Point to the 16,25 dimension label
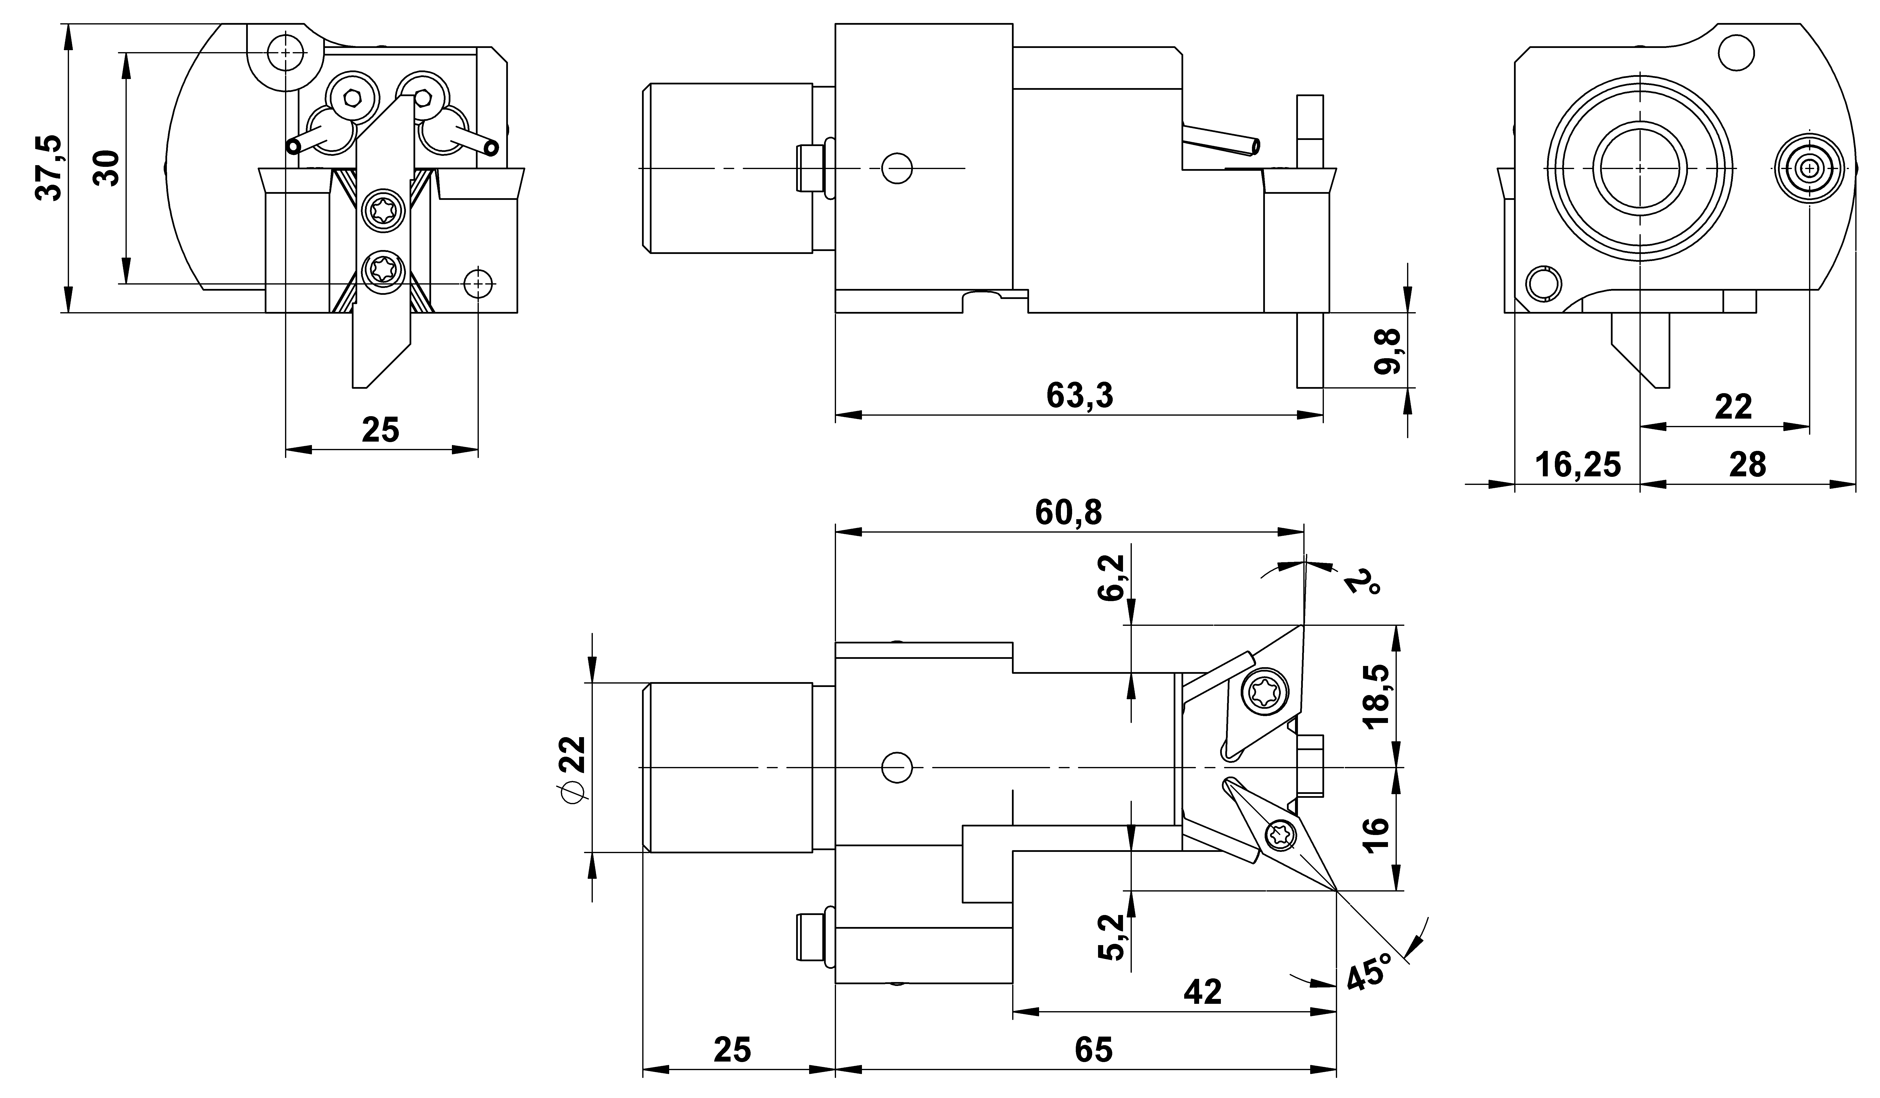(1578, 466)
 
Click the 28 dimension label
(1747, 466)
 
